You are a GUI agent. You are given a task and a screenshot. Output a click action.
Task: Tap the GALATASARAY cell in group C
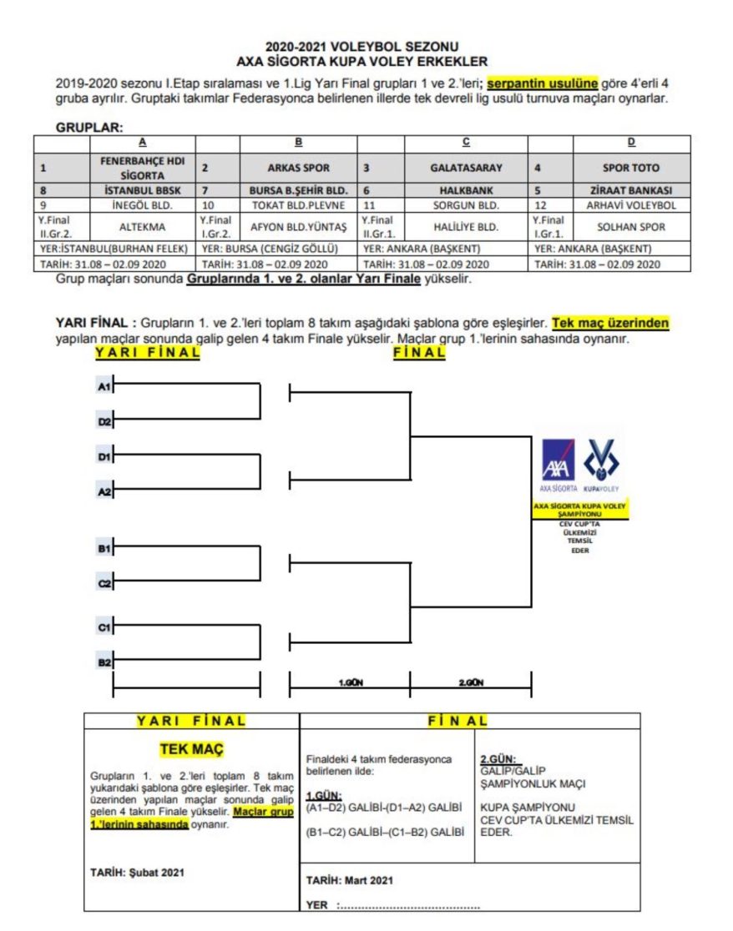click(x=466, y=168)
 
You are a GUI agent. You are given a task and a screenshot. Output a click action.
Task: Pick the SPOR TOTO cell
click(x=631, y=168)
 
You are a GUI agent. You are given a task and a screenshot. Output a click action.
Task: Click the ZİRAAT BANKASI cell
click(x=631, y=189)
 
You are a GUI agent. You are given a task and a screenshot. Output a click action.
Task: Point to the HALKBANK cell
click(x=466, y=189)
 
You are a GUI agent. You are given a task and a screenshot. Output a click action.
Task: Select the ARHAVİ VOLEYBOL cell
click(x=631, y=204)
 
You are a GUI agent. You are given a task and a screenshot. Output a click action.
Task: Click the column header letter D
click(x=631, y=143)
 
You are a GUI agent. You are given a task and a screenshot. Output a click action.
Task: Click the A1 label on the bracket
click(x=104, y=386)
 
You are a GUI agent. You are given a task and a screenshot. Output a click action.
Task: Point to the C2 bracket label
click(x=104, y=584)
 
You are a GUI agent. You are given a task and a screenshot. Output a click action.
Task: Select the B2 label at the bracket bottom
click(x=104, y=662)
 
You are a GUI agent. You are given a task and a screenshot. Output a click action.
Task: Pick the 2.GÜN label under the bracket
click(x=471, y=682)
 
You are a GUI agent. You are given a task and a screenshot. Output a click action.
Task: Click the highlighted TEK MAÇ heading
click(x=191, y=749)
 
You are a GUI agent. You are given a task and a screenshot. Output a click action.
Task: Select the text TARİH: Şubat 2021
click(x=137, y=873)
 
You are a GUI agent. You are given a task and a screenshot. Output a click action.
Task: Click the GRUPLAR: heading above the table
click(x=89, y=128)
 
